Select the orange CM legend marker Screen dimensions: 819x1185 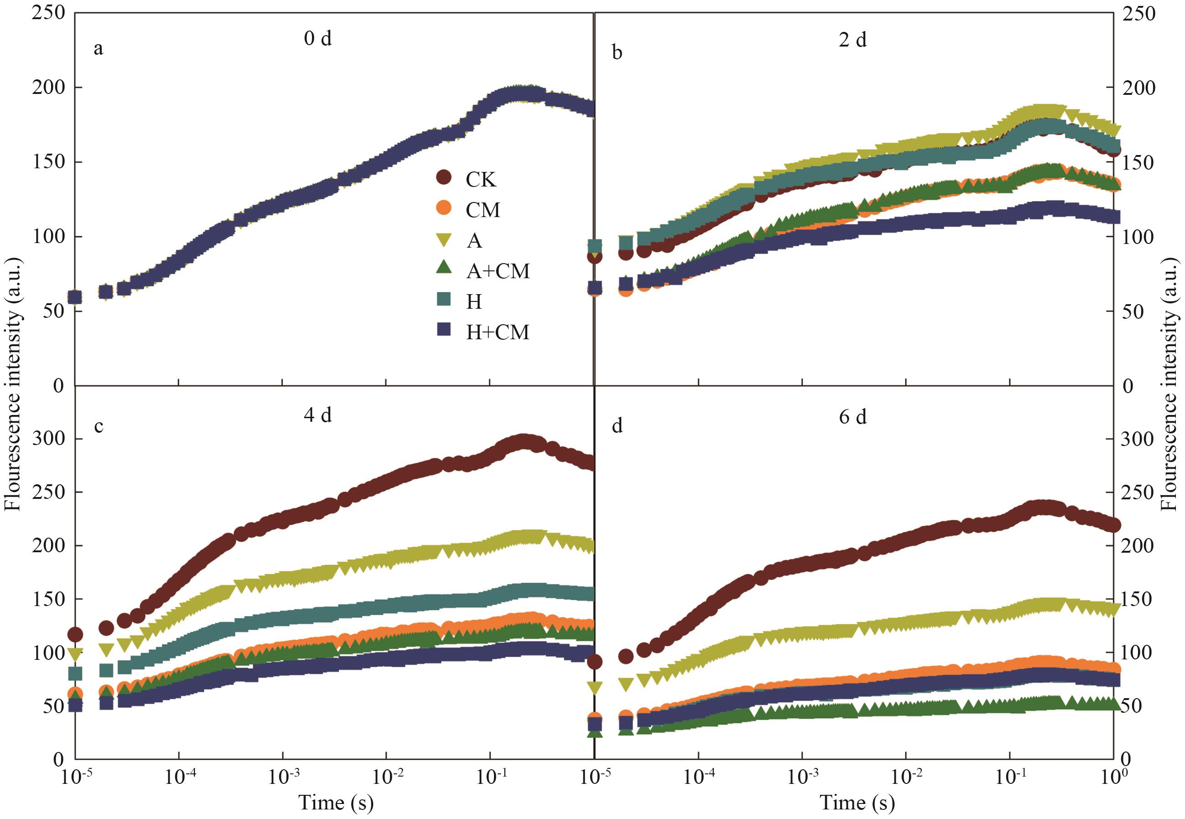point(443,209)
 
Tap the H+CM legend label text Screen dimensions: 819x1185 point(497,332)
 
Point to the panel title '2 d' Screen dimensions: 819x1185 point(852,40)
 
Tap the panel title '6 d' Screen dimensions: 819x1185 point(852,417)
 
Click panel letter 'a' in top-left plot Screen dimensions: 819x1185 point(98,49)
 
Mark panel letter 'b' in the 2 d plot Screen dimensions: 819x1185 point(618,52)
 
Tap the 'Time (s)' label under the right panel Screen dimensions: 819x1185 point(857,803)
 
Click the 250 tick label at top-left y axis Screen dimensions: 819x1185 point(48,13)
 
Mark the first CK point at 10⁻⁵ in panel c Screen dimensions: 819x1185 point(75,635)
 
